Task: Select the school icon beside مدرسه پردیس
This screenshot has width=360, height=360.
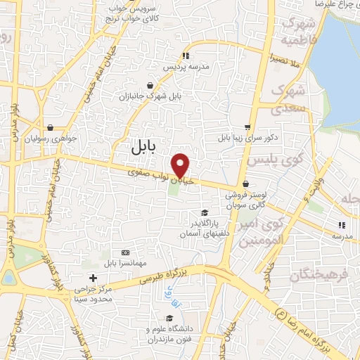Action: [x=186, y=55]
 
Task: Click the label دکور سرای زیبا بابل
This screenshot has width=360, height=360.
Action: [x=245, y=137]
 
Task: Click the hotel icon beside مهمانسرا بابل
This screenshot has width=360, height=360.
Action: [x=125, y=252]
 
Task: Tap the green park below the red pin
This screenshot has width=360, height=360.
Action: [x=174, y=190]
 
